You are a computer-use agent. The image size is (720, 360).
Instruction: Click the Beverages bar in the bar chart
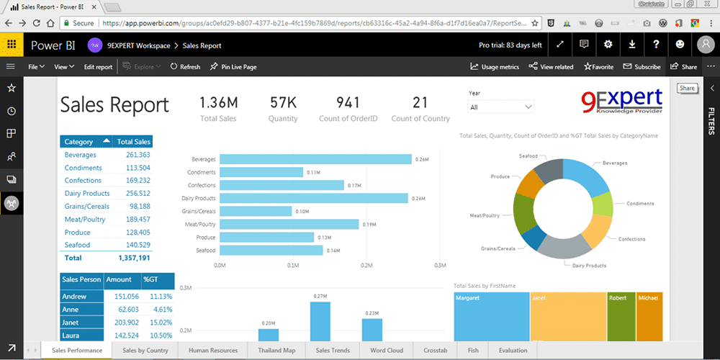pos(315,159)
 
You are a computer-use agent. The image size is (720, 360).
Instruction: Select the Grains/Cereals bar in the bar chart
pos(256,211)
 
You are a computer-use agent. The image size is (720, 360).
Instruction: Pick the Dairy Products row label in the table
pos(87,193)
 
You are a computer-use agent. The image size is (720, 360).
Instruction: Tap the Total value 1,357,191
pos(134,258)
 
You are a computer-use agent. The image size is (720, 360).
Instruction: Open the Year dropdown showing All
pos(501,107)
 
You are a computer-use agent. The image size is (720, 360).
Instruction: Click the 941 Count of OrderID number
pos(348,103)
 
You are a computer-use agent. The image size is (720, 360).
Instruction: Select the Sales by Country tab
pos(145,351)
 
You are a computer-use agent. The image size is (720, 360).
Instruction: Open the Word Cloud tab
pos(387,351)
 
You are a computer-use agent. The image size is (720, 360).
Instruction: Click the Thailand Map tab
pos(276,351)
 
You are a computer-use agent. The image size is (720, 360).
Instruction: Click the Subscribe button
pos(642,67)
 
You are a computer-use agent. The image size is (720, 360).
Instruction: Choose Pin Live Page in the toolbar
pos(233,67)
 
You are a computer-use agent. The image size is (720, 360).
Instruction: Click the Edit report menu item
pos(98,67)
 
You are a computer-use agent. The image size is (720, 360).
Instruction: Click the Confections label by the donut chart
pos(631,239)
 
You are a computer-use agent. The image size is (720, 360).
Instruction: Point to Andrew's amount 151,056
pos(122,296)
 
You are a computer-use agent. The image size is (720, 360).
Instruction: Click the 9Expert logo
pos(621,102)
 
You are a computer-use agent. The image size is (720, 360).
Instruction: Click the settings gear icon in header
pos(608,45)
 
